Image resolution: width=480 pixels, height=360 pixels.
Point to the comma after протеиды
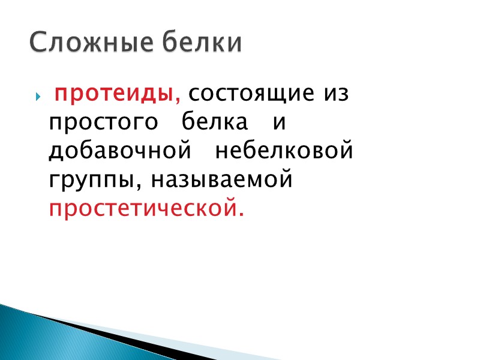[x=178, y=100]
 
